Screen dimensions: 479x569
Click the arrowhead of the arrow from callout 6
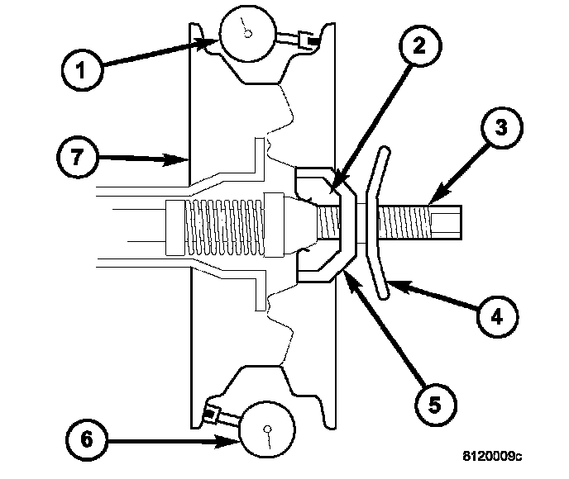[235, 443]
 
